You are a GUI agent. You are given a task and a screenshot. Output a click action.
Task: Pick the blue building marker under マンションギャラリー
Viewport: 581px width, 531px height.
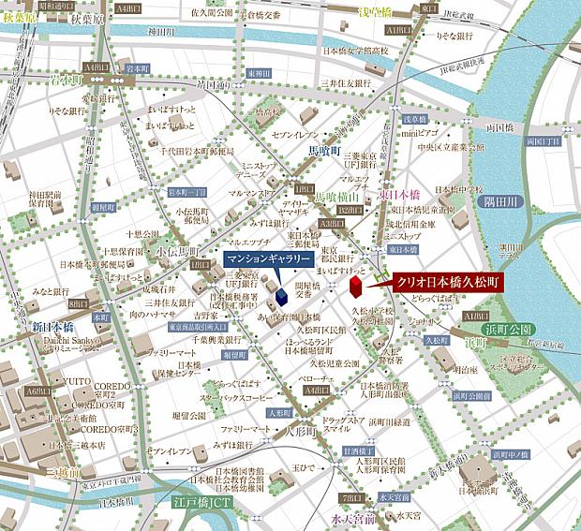click(280, 295)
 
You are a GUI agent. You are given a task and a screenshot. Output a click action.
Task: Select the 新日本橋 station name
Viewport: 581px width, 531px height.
click(48, 328)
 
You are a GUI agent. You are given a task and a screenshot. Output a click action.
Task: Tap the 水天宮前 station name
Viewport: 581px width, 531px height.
click(351, 518)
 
